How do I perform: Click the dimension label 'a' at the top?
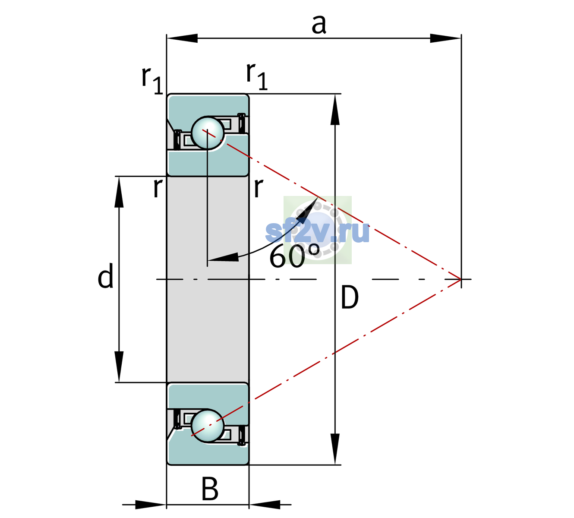(319, 25)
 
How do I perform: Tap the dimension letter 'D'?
(350, 298)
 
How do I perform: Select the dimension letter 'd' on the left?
(106, 275)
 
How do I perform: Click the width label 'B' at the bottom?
(210, 489)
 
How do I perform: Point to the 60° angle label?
(295, 256)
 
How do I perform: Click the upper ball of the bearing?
(208, 133)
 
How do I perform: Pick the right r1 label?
(257, 76)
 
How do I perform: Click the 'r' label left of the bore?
(158, 188)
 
